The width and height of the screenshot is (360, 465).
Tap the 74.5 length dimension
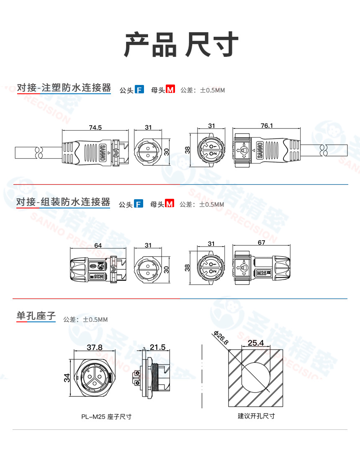click(x=95, y=128)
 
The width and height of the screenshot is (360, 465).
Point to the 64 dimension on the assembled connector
click(x=98, y=246)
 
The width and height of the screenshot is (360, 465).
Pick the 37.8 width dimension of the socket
click(x=94, y=347)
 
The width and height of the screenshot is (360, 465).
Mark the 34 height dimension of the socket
click(x=67, y=378)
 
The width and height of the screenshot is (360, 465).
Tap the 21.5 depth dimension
click(x=157, y=347)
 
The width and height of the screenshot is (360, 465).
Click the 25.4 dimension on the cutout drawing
click(x=255, y=343)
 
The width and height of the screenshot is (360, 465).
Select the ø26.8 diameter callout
click(x=221, y=338)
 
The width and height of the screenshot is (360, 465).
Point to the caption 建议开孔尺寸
click(x=256, y=416)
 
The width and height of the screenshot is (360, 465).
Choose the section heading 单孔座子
click(x=36, y=316)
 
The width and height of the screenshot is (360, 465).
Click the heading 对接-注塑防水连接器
click(x=64, y=88)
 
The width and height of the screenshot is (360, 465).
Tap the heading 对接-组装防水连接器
click(x=63, y=203)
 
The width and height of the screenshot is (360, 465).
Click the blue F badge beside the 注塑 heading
click(x=139, y=90)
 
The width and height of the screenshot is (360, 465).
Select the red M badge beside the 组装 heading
click(x=169, y=204)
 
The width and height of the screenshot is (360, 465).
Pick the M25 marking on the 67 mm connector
click(x=262, y=273)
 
